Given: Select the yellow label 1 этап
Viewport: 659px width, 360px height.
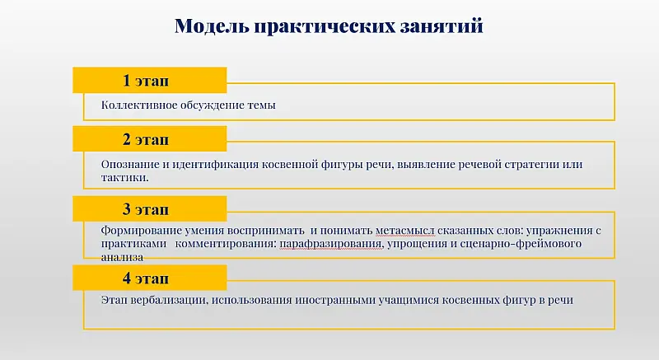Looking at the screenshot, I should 149,80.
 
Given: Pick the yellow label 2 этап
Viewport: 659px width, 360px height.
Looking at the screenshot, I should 149,139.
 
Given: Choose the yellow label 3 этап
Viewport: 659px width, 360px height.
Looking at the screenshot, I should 149,208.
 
